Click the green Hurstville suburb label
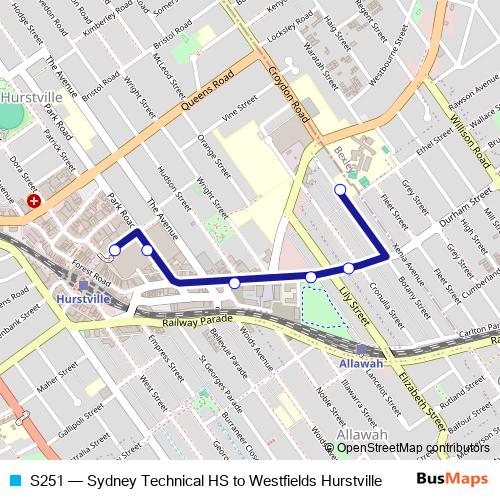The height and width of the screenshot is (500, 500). (x=30, y=98)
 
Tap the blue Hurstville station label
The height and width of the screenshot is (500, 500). (x=84, y=299)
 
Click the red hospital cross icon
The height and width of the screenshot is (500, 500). (x=35, y=201)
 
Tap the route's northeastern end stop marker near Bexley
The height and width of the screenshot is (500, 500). (x=340, y=189)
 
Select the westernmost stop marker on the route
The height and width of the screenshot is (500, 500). (x=115, y=249)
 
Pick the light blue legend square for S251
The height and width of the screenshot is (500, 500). (x=13, y=480)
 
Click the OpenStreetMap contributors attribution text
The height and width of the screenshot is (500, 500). (x=416, y=448)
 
